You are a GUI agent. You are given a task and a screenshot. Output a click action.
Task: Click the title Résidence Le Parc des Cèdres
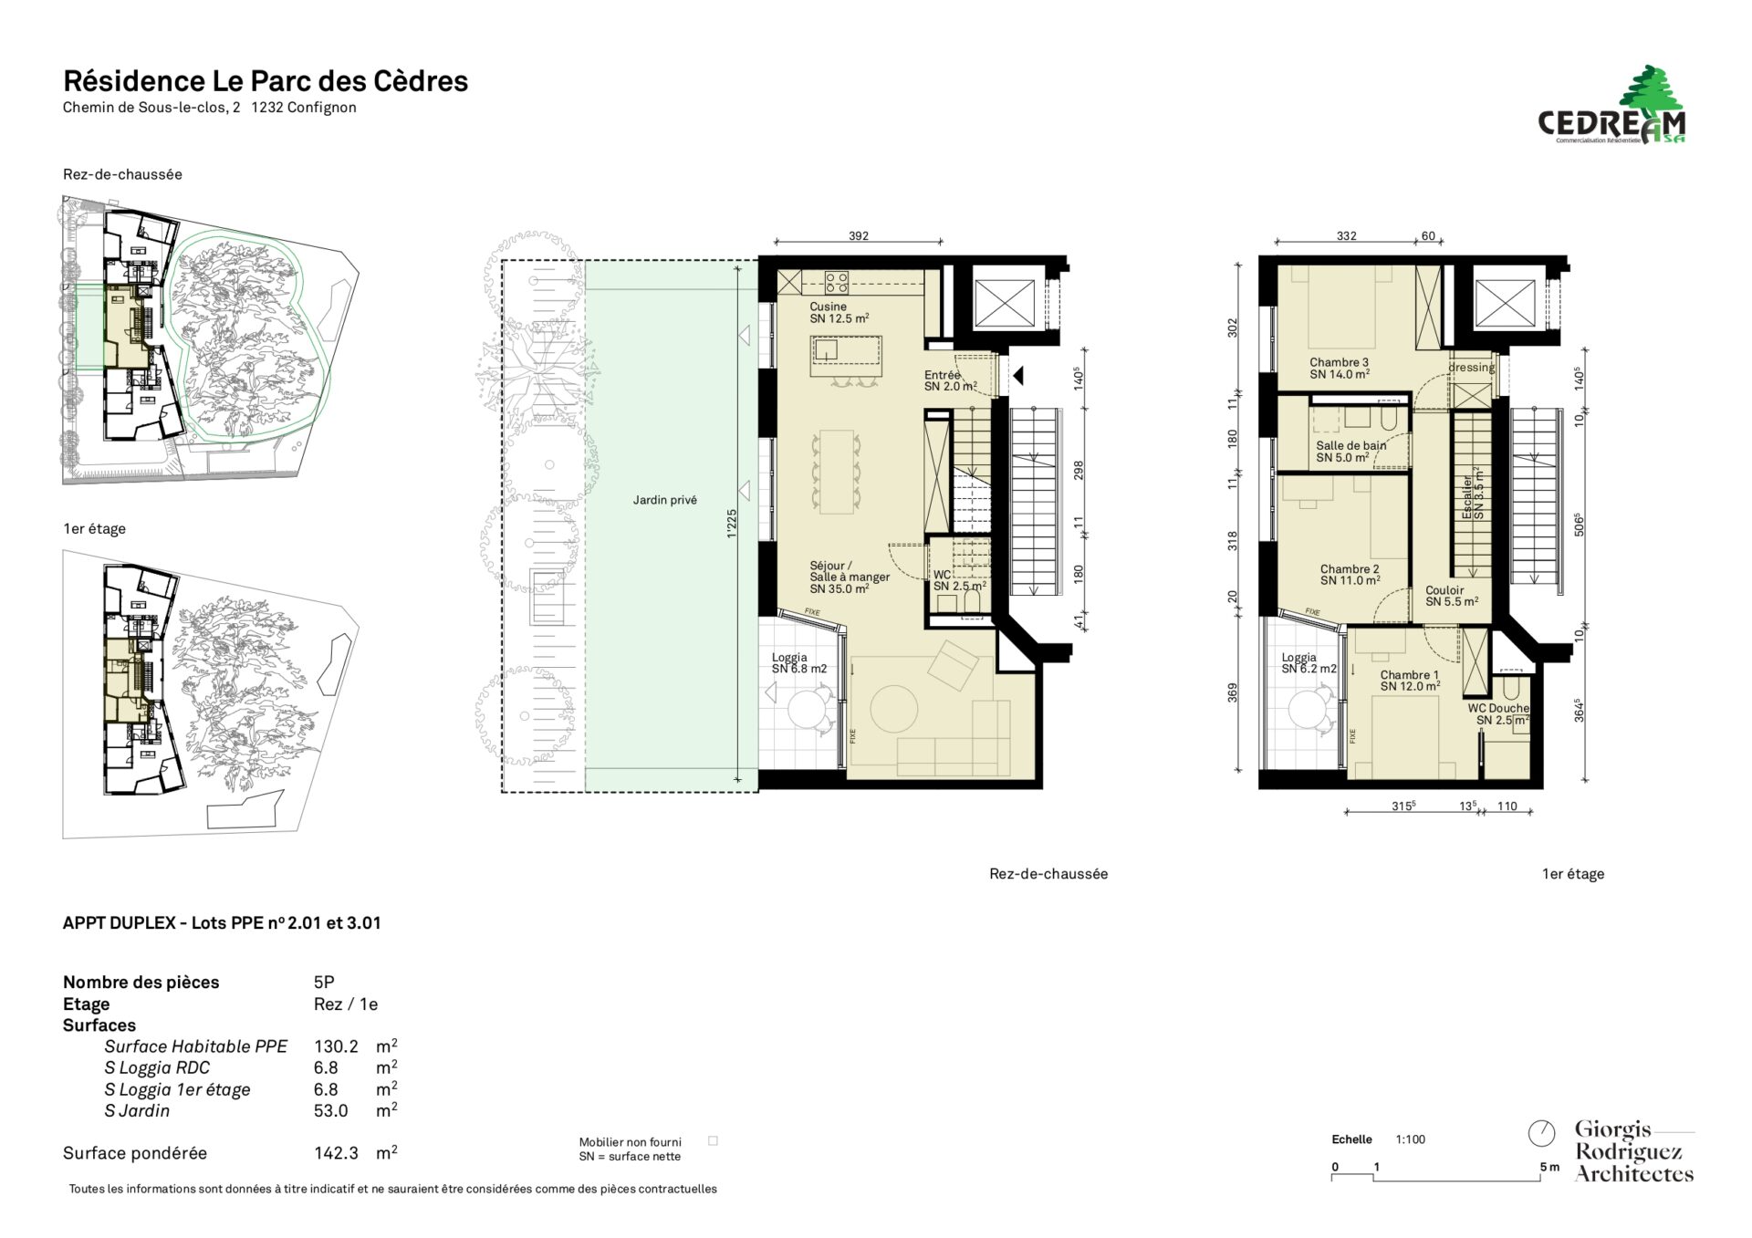pos(266,81)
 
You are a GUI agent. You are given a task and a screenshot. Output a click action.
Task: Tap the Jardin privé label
pos(665,500)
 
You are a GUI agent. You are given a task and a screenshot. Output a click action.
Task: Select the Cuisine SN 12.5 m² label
pos(839,313)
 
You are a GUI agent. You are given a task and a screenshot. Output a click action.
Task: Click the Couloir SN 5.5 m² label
pos(1452,596)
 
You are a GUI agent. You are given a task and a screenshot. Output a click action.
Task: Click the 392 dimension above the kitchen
pos(859,235)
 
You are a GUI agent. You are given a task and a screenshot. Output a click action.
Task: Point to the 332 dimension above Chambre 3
pos(1346,235)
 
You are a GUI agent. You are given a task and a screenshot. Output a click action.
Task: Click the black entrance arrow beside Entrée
pos(1018,375)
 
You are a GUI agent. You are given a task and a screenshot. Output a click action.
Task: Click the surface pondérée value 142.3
pos(336,1153)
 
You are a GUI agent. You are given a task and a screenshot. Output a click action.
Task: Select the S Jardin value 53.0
pos(331,1110)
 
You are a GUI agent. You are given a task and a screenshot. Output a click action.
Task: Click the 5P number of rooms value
pos(324,982)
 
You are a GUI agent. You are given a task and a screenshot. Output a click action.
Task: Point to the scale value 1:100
pos(1410,1139)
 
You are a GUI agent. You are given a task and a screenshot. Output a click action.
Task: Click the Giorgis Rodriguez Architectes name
pos(1633,1151)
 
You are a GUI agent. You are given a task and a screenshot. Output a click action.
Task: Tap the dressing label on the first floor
pos(1471,368)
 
